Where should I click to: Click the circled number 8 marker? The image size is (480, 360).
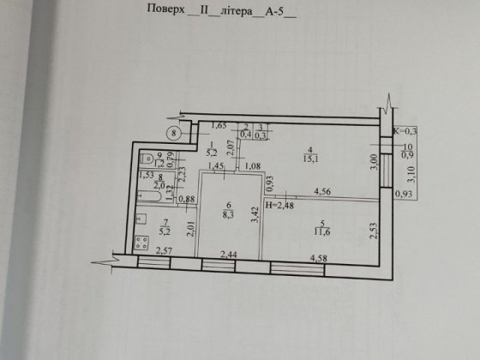(x=174, y=133)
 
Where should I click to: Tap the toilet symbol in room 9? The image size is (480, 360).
(x=148, y=158)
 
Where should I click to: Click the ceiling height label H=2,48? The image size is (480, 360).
(x=283, y=206)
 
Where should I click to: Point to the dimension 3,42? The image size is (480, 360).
(x=254, y=211)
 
